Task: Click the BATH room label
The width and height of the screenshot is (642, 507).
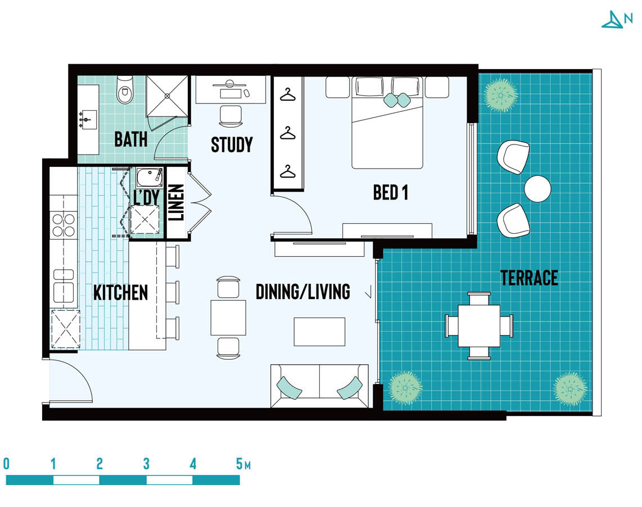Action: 130,139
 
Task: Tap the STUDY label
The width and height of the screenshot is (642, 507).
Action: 232,144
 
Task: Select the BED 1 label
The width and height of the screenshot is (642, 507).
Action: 391,192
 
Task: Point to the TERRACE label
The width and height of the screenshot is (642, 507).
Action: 529,278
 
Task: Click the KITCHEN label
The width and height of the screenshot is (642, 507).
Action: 120,293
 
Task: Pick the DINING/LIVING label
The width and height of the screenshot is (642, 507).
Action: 303,292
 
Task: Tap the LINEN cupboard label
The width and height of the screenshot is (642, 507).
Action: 176,202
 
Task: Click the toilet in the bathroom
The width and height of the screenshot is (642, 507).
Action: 125,90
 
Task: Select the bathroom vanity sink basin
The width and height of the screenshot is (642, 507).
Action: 88,119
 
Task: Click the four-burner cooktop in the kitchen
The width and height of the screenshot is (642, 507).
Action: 64,225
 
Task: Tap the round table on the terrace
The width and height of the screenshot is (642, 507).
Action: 537,188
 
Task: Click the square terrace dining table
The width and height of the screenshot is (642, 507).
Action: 479,326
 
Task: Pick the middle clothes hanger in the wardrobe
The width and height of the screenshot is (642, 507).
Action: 288,134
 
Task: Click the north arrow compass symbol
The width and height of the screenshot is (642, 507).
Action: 613,20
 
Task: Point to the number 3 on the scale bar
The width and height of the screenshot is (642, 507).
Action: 146,464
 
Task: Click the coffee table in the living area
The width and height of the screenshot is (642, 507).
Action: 319,332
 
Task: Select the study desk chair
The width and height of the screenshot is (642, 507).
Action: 230,116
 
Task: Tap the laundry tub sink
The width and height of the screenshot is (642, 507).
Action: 150,178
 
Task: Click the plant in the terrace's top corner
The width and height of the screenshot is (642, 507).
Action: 500,96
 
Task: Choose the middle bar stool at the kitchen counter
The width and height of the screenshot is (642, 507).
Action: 173,292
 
